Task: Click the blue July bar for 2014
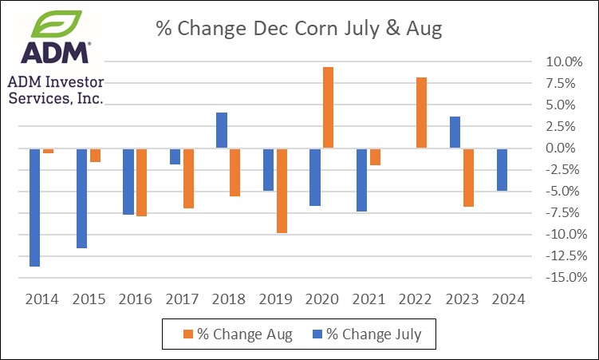35,207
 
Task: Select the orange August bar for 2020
328,108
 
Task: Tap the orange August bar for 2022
422,113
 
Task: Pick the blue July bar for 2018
222,130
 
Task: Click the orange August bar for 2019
281,190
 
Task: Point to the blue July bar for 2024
502,169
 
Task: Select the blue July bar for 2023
455,133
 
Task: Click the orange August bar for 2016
141,182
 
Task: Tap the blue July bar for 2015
82,198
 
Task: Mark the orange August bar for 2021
375,156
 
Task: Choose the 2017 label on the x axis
181,299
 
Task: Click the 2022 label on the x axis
416,299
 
